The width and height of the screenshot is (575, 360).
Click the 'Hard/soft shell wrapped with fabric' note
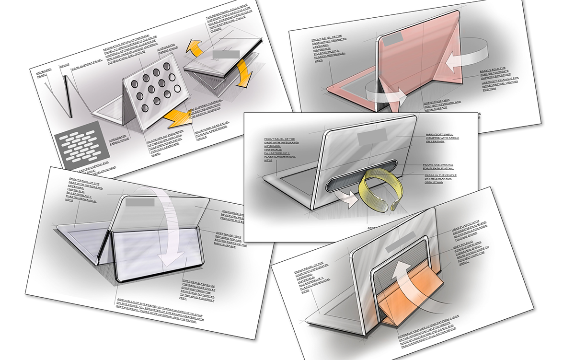coord(438,136)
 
